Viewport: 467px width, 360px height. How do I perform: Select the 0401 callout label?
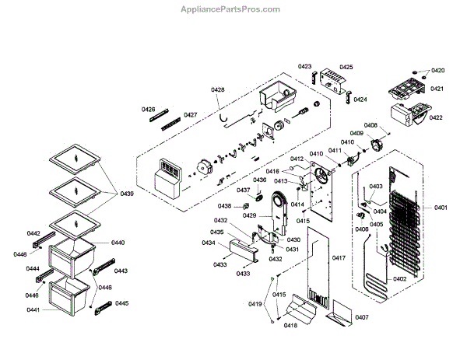[x=441, y=208]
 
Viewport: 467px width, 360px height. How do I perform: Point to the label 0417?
[x=338, y=257]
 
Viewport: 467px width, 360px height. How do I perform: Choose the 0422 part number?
[x=436, y=117]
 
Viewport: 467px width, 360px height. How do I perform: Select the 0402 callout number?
[x=399, y=278]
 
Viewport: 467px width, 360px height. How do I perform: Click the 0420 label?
[x=437, y=71]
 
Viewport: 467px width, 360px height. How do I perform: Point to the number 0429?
[x=250, y=215]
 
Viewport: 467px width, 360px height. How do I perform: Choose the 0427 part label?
[x=190, y=115]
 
